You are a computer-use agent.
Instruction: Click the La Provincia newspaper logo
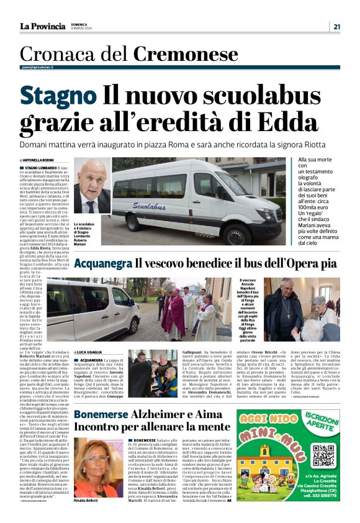click(x=42, y=26)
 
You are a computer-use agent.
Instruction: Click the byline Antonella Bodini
click(x=42, y=160)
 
